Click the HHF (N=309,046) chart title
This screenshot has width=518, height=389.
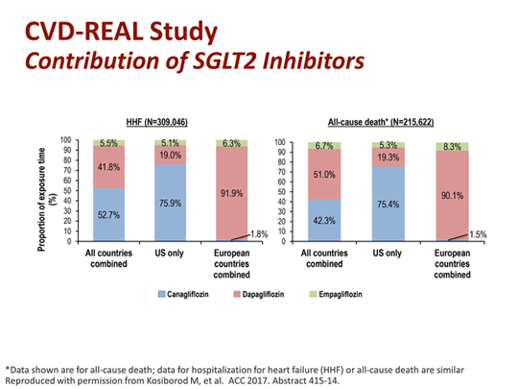pos(169,124)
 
